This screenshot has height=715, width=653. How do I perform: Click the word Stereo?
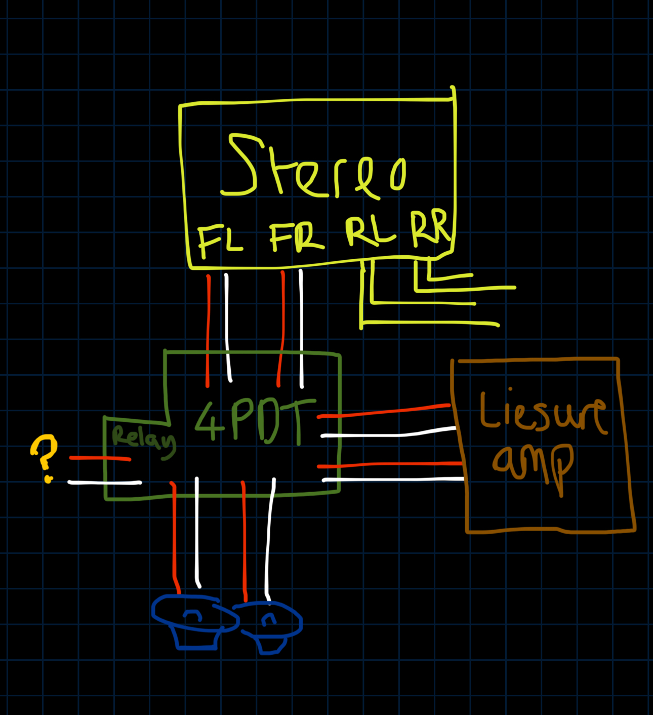pos(314,167)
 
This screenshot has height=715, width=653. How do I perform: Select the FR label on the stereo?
pos(296,237)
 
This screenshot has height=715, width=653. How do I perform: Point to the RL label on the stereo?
pos(370,232)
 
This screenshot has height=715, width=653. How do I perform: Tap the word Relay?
pos(143,440)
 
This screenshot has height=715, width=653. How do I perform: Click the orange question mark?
pos(44,456)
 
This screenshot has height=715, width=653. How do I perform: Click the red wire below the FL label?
pos(208,329)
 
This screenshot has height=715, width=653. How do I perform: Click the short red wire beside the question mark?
pos(100,459)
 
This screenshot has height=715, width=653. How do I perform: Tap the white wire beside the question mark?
pos(104,483)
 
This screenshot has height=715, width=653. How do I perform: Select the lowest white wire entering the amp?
pos(395,479)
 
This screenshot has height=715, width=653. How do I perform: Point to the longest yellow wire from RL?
pos(430,323)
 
